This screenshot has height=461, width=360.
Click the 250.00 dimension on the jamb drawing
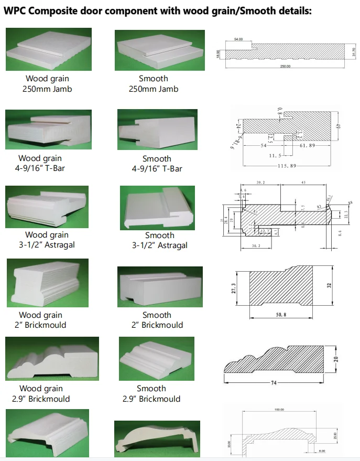click(x=286, y=67)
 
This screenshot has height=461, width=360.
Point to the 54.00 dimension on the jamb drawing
click(x=239, y=39)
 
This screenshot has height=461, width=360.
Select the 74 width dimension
click(x=273, y=383)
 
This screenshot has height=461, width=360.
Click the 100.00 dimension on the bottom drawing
click(x=278, y=410)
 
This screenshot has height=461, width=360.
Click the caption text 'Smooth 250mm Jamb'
click(x=154, y=84)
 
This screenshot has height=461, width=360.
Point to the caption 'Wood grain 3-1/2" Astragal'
click(x=47, y=240)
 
